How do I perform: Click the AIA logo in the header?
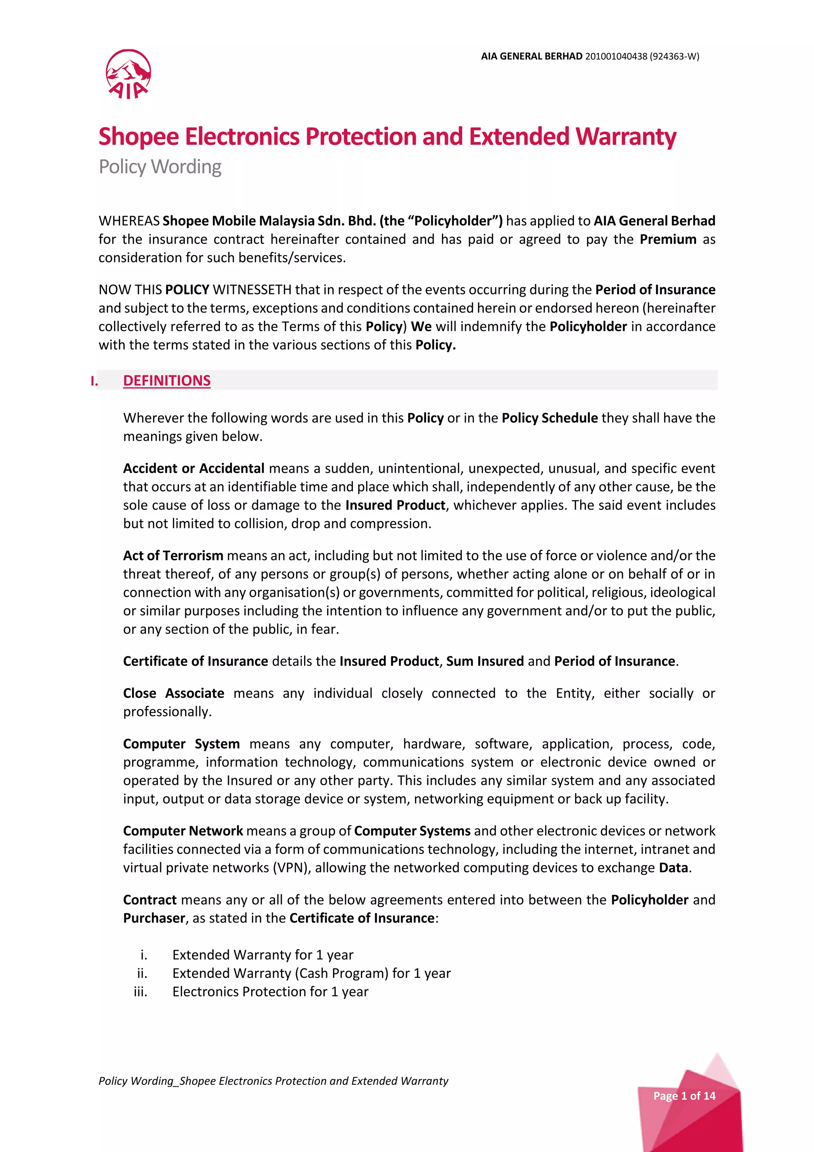pos(128,74)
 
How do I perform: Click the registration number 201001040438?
pos(616,56)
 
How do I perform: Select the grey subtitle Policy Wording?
pos(160,167)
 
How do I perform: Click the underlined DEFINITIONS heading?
pos(167,380)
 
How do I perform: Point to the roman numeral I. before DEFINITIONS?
pos(94,381)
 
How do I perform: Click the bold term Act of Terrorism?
pos(173,555)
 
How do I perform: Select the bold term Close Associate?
pos(173,693)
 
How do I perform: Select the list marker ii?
pos(142,973)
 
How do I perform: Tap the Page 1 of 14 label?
pos(684,1096)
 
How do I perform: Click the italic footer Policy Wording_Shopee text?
pos(273,1081)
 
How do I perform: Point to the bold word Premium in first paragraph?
pos(668,239)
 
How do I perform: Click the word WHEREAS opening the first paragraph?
pos(129,221)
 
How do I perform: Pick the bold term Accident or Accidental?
pos(194,468)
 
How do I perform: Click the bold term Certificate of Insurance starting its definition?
pos(196,661)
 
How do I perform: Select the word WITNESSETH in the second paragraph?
pos(252,290)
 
